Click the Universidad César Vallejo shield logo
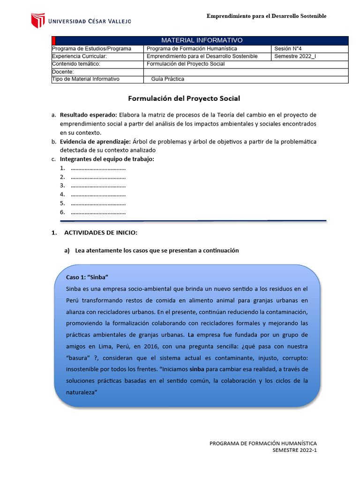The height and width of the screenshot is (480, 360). [37, 21]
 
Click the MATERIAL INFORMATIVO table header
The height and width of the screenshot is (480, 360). [202, 40]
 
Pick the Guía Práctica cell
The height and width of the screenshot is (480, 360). [167, 79]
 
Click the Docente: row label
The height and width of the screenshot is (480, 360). [63, 72]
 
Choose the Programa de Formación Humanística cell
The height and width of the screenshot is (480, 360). [192, 49]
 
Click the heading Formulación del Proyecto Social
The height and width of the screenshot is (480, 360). [184, 98]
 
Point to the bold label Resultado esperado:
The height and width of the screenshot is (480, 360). [89, 115]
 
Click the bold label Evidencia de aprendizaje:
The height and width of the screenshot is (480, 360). [96, 142]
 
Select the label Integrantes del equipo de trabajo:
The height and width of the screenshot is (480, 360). [107, 159]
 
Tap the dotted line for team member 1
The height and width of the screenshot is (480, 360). [98, 169]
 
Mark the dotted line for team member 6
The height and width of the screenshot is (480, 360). [98, 212]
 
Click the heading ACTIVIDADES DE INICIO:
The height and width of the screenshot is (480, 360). [100, 232]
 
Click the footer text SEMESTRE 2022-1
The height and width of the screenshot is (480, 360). [295, 450]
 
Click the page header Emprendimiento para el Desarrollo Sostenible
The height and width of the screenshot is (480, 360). [266, 16]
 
